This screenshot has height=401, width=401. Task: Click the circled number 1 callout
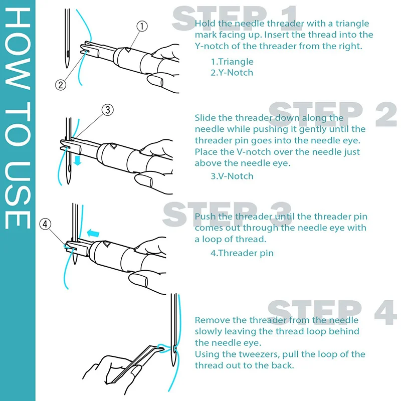click(x=142, y=26)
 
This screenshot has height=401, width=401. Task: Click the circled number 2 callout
click(x=61, y=85)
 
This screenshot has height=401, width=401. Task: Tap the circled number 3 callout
click(x=108, y=110)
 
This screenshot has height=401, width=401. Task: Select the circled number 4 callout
click(x=45, y=224)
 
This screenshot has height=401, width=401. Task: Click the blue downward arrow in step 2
click(x=78, y=160)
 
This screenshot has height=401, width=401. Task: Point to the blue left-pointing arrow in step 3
click(x=93, y=233)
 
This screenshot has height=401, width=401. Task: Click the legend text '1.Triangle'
click(x=232, y=62)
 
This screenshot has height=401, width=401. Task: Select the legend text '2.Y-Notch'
click(x=232, y=73)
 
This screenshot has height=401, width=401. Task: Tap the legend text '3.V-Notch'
click(x=232, y=176)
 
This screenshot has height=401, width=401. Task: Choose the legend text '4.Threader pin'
click(x=242, y=253)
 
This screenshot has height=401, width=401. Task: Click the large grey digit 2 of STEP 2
click(x=386, y=114)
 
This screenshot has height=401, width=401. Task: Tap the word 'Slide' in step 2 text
click(x=206, y=118)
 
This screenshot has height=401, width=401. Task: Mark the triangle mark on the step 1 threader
click(x=128, y=50)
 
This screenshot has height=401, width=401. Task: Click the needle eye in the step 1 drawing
click(x=68, y=54)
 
